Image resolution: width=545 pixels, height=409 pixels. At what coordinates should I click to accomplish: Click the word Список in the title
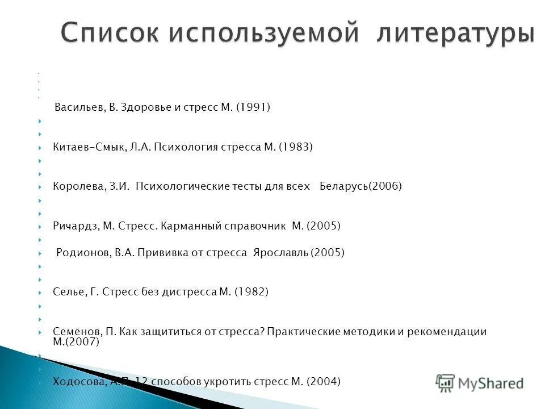pyautogui.click(x=108, y=33)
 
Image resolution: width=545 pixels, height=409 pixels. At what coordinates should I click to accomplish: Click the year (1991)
pyautogui.click(x=253, y=107)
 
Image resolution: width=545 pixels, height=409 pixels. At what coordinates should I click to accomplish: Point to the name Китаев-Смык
pyautogui.click(x=85, y=147)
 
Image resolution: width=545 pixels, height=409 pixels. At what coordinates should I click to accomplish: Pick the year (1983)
pyautogui.click(x=296, y=147)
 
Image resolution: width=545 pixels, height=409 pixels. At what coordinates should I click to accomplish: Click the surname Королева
pyautogui.click(x=77, y=186)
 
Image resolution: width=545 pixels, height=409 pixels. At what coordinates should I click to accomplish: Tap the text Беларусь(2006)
pyautogui.click(x=360, y=186)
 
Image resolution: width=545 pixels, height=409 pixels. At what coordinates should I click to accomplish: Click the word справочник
pyautogui.click(x=259, y=226)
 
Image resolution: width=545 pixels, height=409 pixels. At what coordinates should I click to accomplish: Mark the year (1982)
pyautogui.click(x=251, y=293)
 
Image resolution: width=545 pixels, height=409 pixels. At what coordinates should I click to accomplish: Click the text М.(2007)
pyautogui.click(x=76, y=343)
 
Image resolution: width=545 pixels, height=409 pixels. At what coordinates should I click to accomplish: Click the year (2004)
pyautogui.click(x=324, y=382)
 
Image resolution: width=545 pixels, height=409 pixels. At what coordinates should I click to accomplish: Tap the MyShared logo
pyautogui.click(x=480, y=382)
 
